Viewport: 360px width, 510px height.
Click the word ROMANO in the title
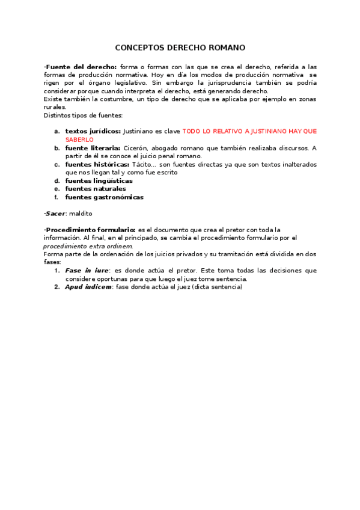pos(225,48)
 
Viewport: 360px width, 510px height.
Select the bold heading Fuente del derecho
pos(81,67)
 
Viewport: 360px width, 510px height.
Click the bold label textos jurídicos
pos(93,131)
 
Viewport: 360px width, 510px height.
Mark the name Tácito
pos(144,164)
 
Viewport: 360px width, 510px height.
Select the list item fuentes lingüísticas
pos(99,180)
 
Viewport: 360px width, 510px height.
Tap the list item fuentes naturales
pos(96,189)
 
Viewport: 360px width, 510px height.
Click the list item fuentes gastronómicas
pos(104,197)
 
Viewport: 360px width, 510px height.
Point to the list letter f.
pos(56,197)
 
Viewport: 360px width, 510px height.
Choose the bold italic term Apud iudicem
pos(88,287)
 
